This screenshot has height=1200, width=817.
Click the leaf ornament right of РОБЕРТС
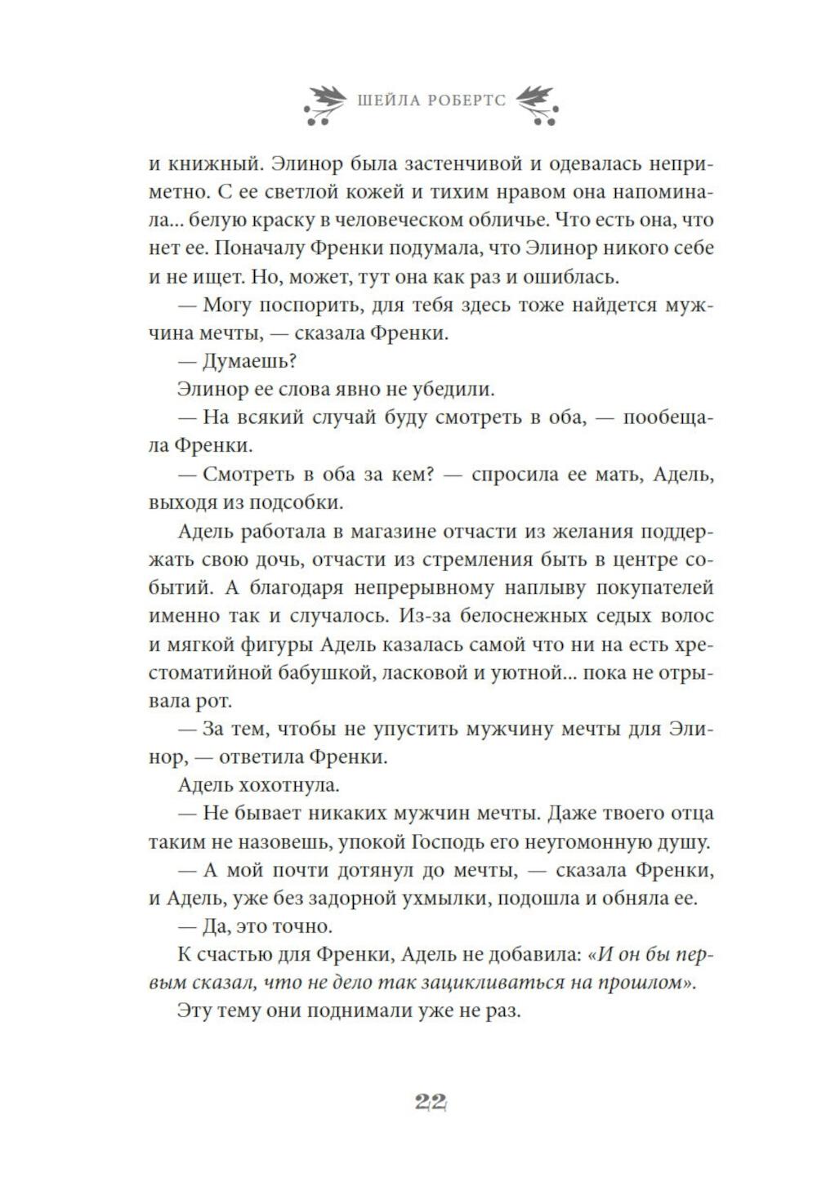click(537, 104)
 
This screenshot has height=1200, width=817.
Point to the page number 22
click(429, 1102)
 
